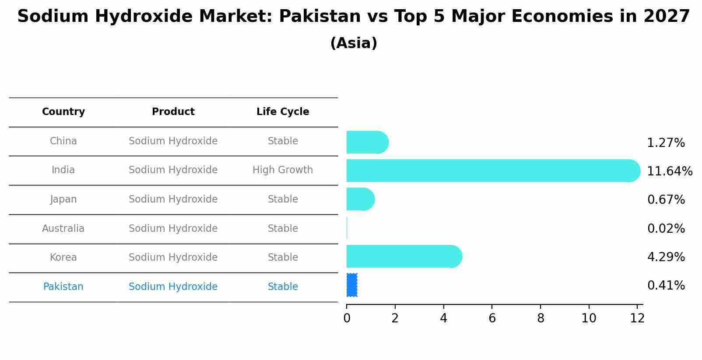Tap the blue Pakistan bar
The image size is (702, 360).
352,285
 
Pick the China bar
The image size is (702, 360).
367,142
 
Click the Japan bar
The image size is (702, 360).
360,199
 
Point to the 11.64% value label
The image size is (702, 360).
669,171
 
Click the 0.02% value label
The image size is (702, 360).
666,228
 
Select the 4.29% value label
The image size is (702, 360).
666,257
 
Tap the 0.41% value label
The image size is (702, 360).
666,286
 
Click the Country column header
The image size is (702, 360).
63,112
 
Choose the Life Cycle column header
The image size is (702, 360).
283,112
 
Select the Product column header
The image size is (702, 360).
173,112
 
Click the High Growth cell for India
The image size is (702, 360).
283,170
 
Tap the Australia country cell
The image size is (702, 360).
63,228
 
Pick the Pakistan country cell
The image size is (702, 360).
63,287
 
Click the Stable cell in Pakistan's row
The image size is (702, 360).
283,287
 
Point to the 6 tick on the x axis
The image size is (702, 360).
492,318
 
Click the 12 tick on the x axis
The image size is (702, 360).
637,318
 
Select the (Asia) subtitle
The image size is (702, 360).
354,43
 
